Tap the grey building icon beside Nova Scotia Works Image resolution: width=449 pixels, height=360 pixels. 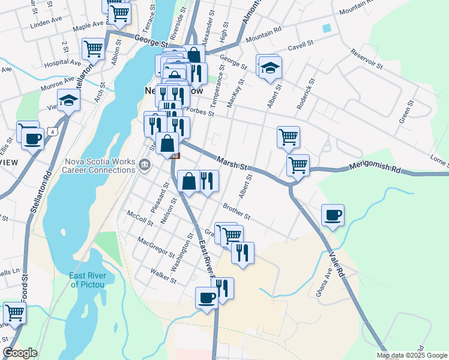(x=144, y=164)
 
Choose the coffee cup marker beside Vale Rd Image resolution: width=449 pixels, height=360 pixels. (x=333, y=215)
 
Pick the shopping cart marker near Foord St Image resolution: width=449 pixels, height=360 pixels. (x=14, y=313)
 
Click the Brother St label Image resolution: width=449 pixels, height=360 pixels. (x=236, y=211)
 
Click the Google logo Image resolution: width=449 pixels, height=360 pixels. (x=20, y=353)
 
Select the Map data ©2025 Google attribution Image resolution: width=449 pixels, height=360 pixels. (x=412, y=355)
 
